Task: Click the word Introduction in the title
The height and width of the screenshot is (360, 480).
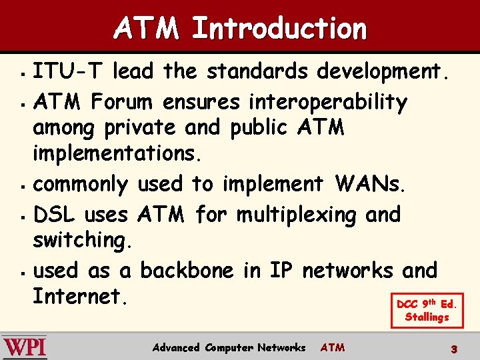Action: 279,29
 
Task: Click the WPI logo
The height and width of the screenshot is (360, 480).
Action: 25,347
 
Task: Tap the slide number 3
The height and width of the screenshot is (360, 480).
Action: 454,348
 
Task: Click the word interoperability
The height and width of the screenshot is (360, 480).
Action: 327,102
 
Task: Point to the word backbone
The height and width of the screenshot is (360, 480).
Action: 187,271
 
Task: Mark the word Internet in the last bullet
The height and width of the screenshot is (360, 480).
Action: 79,296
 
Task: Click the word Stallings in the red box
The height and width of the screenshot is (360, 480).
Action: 427,317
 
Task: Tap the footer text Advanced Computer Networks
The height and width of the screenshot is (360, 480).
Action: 229,347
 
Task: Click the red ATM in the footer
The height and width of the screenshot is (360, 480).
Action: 333,347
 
